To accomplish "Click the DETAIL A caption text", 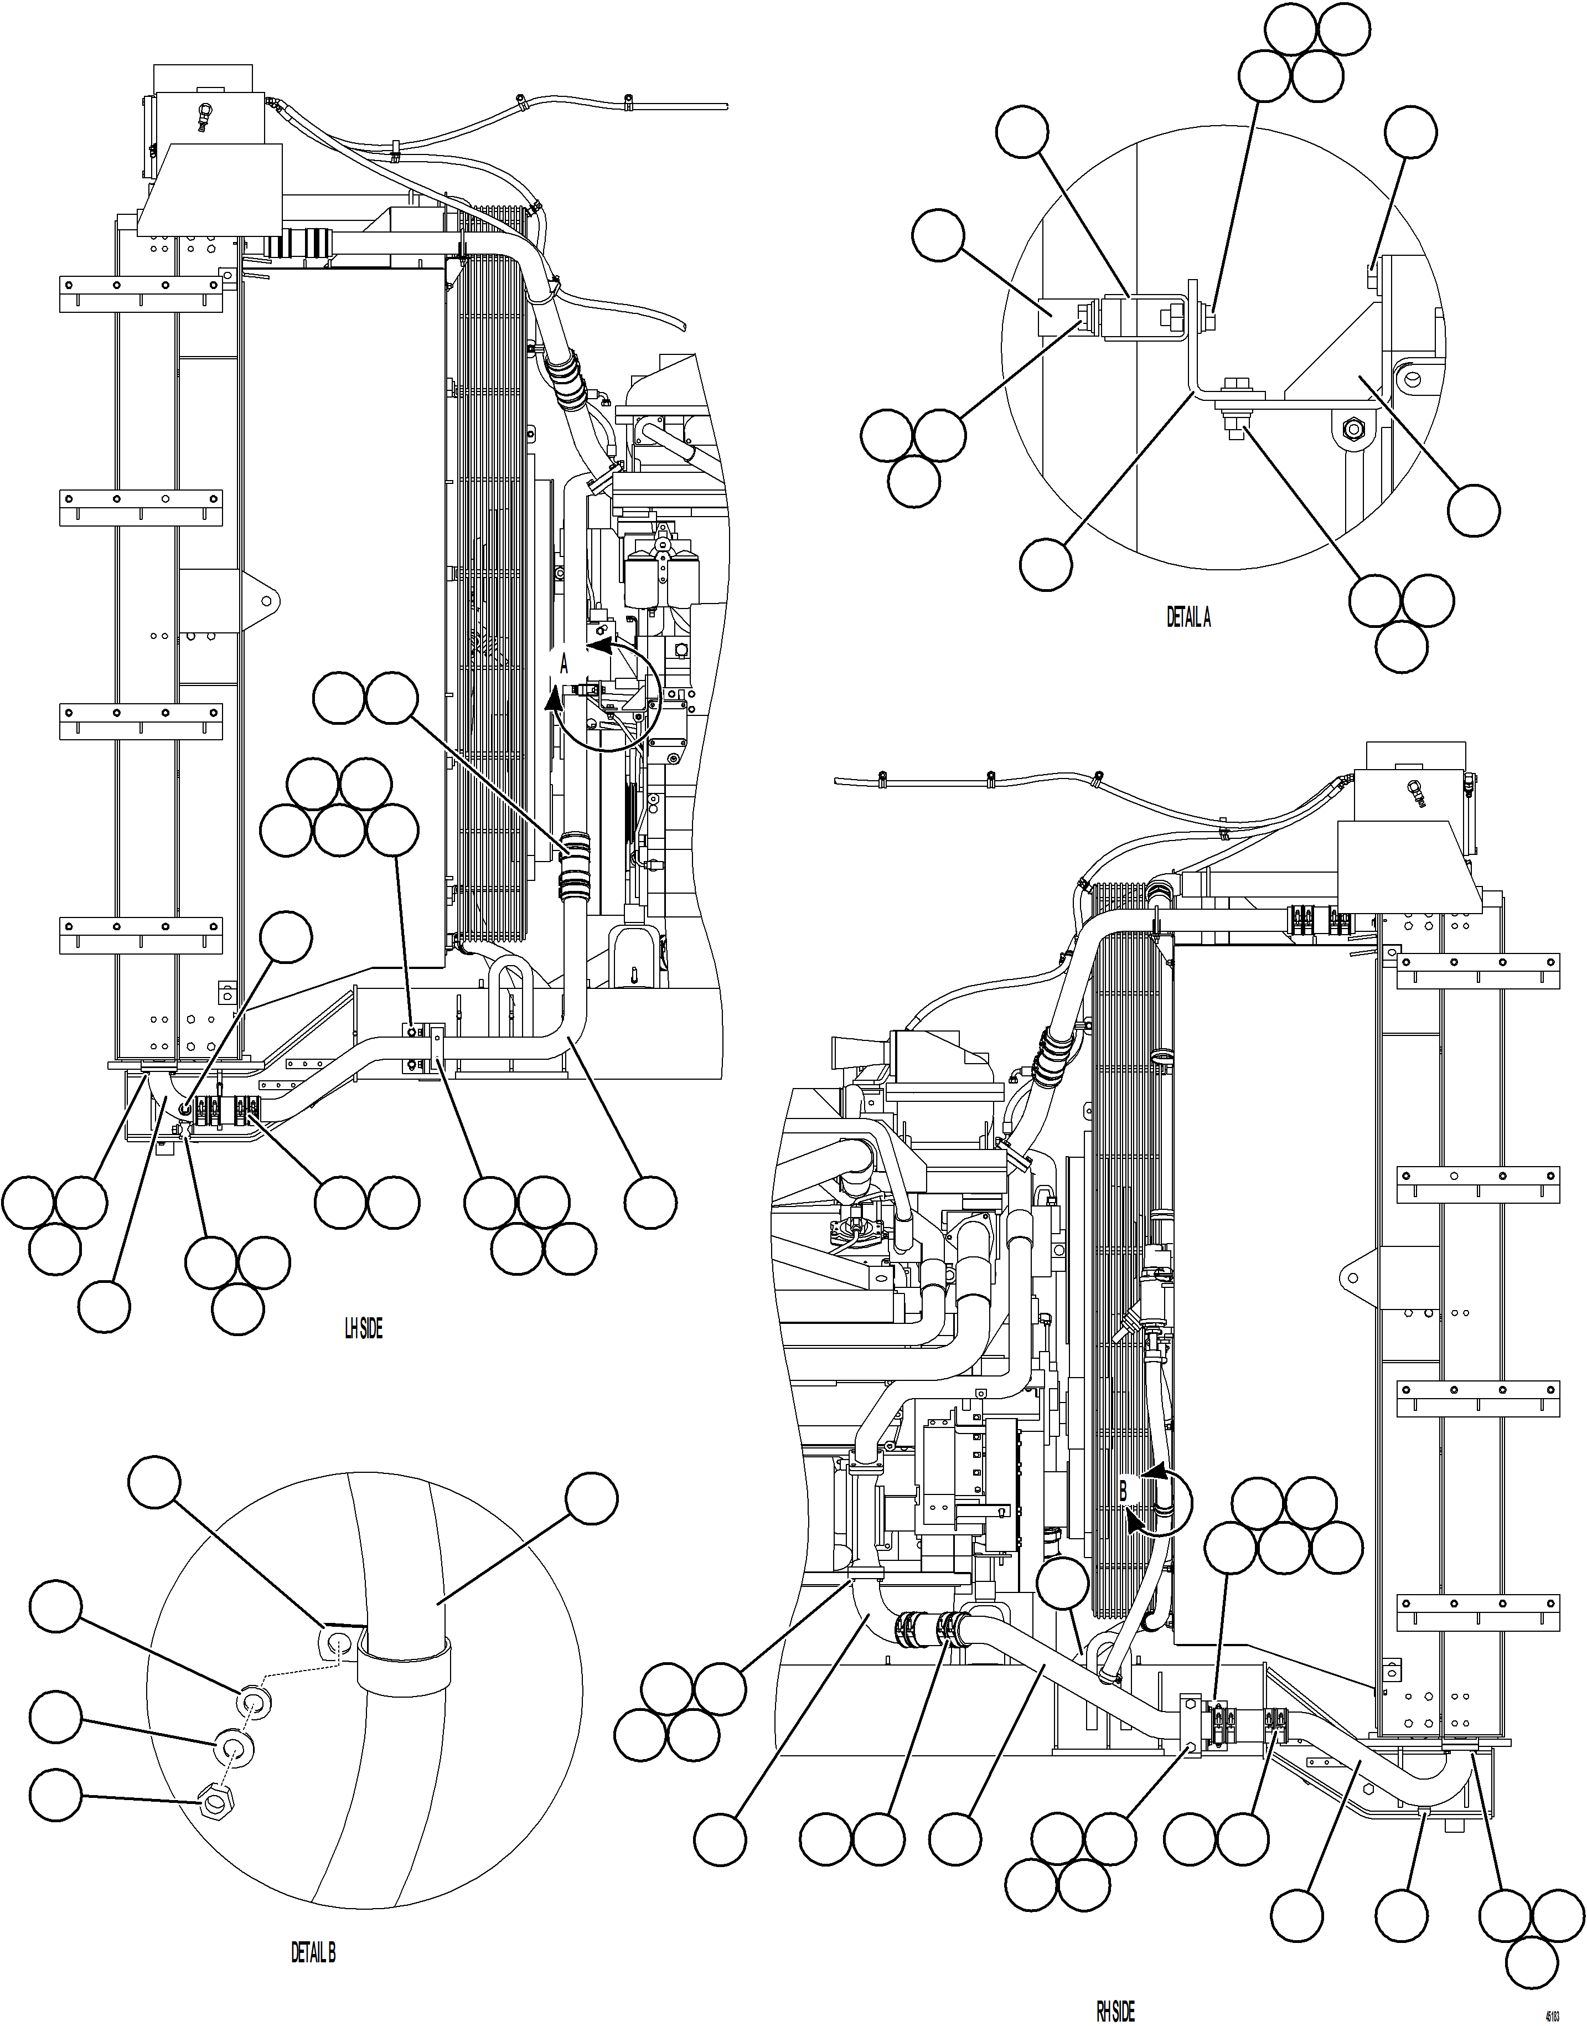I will [1188, 617].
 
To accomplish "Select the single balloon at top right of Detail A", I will [1410, 132].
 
